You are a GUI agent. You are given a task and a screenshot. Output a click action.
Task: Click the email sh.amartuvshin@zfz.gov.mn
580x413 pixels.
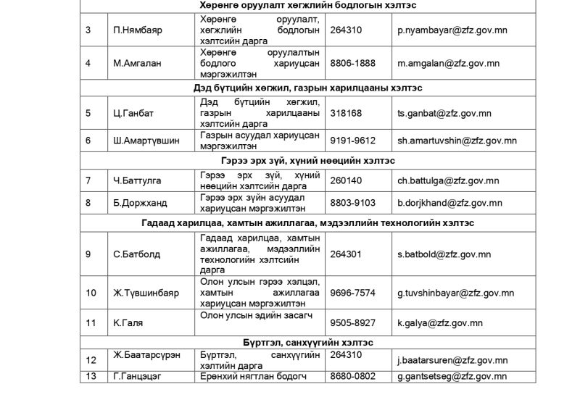457,141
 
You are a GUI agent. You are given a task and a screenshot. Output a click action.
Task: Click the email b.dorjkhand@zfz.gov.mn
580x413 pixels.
449,203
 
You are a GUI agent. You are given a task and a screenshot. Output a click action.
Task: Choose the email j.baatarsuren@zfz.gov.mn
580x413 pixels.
452,360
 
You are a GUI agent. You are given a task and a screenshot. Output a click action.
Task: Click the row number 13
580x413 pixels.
91,376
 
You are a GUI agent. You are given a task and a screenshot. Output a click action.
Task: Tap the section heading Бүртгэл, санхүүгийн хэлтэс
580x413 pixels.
308,342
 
